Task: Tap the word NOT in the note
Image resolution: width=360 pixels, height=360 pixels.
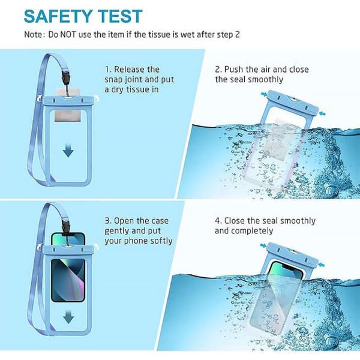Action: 68,35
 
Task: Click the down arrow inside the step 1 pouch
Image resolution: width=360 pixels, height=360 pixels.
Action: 68,151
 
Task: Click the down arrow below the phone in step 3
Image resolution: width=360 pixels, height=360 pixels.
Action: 68,317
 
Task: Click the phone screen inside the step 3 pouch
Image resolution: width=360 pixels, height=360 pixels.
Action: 68,280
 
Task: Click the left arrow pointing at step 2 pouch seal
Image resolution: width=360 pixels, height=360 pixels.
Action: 264,94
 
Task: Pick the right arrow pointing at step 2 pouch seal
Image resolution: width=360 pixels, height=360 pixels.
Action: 322,113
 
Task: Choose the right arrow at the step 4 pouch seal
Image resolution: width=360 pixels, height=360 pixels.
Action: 322,265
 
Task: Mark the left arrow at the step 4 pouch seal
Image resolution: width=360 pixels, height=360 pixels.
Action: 263,246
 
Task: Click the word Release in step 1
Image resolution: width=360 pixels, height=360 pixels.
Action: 137,70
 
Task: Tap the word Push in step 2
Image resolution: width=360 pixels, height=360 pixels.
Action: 234,70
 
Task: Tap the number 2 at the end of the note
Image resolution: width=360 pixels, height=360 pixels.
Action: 238,35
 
